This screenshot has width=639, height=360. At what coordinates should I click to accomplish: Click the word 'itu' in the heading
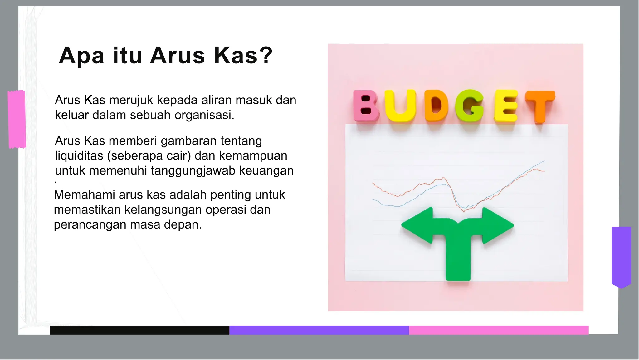click(127, 56)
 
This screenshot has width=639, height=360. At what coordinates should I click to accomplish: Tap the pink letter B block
click(366, 106)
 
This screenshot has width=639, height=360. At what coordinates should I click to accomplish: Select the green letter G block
click(469, 106)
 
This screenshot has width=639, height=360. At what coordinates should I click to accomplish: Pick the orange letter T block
click(540, 106)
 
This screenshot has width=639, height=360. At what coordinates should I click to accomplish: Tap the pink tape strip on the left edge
click(17, 119)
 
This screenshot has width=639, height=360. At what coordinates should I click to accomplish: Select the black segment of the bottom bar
click(139, 330)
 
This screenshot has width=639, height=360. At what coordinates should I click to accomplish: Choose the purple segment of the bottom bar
click(319, 330)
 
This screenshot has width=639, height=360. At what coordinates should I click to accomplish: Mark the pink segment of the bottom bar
click(499, 330)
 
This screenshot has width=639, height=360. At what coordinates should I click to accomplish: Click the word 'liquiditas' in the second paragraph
click(79, 155)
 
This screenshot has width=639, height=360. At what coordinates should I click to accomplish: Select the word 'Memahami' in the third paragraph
click(85, 195)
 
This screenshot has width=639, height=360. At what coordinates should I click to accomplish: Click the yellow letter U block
click(400, 106)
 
